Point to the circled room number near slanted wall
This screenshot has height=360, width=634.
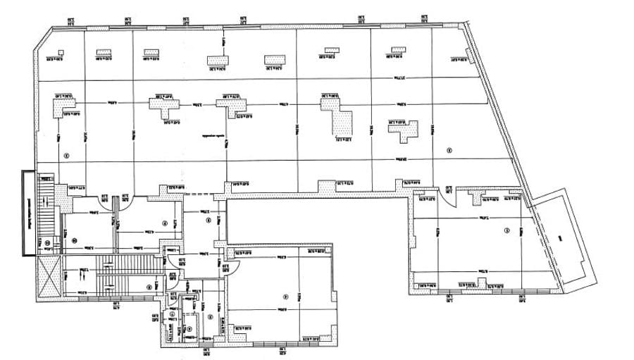[448, 150]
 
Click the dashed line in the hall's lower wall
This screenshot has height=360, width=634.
[204, 194]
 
